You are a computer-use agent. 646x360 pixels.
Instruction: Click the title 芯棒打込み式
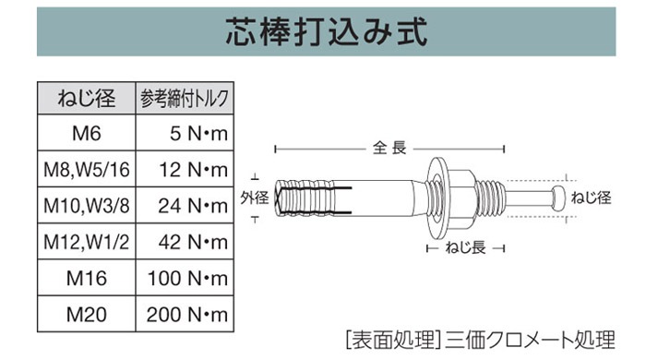[x=327, y=31]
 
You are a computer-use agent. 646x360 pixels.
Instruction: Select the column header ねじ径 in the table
[x=87, y=99]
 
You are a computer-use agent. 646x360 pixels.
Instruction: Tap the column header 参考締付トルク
[x=185, y=99]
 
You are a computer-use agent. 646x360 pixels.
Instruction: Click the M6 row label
[x=87, y=133]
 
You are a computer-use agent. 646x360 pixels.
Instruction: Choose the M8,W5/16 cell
[x=87, y=169]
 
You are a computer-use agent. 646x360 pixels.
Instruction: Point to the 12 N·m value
[x=193, y=170]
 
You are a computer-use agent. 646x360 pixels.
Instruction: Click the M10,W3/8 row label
[x=87, y=206]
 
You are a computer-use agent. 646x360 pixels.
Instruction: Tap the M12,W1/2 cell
[x=87, y=242]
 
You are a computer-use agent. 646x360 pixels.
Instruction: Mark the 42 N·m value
[x=193, y=242]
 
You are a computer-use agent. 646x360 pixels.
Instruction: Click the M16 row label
[x=87, y=279]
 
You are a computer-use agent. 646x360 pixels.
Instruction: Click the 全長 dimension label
[x=389, y=148]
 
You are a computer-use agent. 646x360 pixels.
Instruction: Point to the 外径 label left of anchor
[x=255, y=198]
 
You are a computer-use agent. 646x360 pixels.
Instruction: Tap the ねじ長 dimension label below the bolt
[x=465, y=247]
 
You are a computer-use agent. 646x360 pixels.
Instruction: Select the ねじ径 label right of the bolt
[x=591, y=198]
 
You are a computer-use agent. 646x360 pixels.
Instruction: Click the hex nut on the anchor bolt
[x=460, y=198]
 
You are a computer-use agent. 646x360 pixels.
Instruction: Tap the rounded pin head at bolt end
[x=558, y=198]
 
